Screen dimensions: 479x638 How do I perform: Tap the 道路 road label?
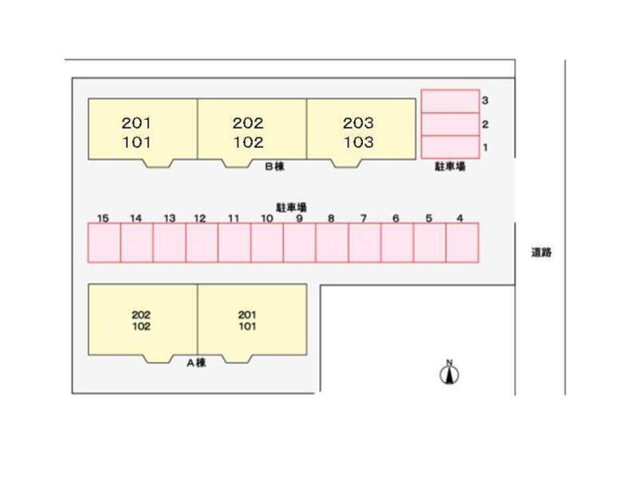[x=542, y=253]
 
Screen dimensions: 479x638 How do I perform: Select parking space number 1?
[x=450, y=146]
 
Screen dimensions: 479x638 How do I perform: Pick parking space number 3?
[x=450, y=101]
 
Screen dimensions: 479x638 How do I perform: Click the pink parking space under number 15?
[x=104, y=243]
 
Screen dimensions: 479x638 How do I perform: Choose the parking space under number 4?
[x=463, y=243]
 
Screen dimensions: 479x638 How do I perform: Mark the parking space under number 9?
[x=300, y=243]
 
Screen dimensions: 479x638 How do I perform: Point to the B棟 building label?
[x=274, y=167]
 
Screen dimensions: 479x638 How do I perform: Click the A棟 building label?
[x=195, y=363]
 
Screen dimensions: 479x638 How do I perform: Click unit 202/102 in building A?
[x=142, y=320]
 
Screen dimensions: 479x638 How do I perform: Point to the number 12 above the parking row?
[x=200, y=218]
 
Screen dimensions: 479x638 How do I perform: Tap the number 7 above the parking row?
[x=364, y=218]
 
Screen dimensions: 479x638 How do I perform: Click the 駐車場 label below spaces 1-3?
[x=450, y=167]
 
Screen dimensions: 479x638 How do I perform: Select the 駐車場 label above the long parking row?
[x=291, y=208]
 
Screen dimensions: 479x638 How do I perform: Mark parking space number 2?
[x=450, y=124]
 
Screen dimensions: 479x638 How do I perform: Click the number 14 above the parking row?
[x=136, y=218]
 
